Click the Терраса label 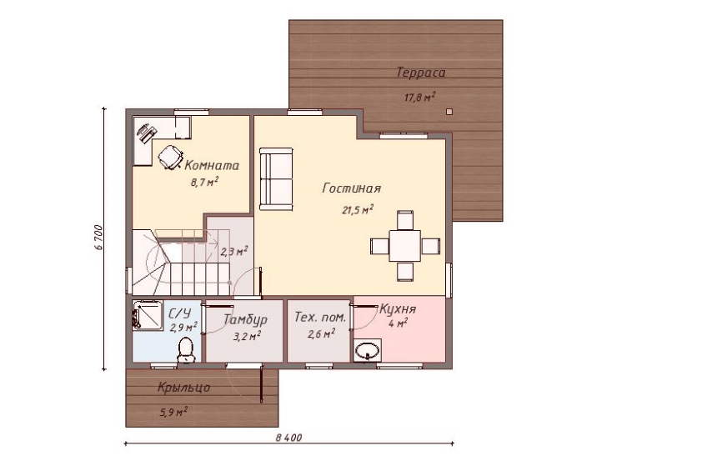coord(421,73)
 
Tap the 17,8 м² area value coord(420,97)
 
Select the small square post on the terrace coord(449,112)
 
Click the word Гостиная coord(352,188)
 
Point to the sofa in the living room coord(276,178)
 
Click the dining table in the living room coord(404,245)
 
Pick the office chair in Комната coord(170,157)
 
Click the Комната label coord(212,166)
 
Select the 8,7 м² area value coord(204,183)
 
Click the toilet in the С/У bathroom coord(185,349)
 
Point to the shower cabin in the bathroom coord(148,315)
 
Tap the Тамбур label coord(245,320)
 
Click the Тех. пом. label coord(320,318)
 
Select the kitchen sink coord(368,350)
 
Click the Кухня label coord(398,309)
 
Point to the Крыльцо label coord(183,388)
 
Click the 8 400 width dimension coord(288,438)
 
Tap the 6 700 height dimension coord(99,238)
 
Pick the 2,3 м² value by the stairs coord(233,251)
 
